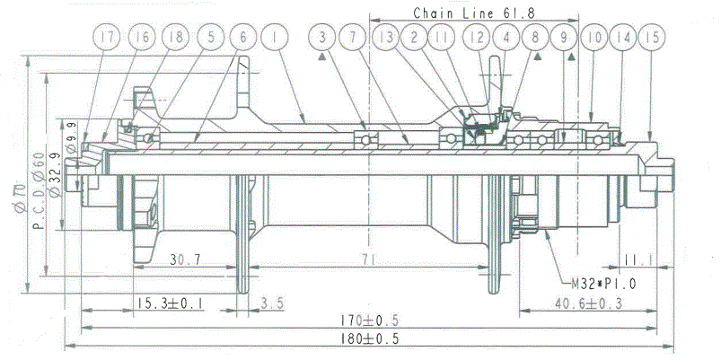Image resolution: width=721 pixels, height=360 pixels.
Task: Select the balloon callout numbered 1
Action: click(x=274, y=37)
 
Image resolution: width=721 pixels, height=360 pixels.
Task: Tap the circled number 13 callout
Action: click(x=386, y=37)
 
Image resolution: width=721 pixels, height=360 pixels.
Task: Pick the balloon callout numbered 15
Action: click(x=652, y=37)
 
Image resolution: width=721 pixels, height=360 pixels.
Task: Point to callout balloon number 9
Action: click(x=564, y=37)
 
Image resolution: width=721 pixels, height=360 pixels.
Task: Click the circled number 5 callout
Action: click(x=211, y=37)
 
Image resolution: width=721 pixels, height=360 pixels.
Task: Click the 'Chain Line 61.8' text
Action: click(x=474, y=13)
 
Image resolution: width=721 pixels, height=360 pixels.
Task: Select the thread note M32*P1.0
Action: click(x=603, y=284)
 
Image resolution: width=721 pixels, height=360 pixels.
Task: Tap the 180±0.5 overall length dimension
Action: click(x=370, y=338)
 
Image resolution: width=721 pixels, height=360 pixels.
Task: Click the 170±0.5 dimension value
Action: click(x=370, y=320)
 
